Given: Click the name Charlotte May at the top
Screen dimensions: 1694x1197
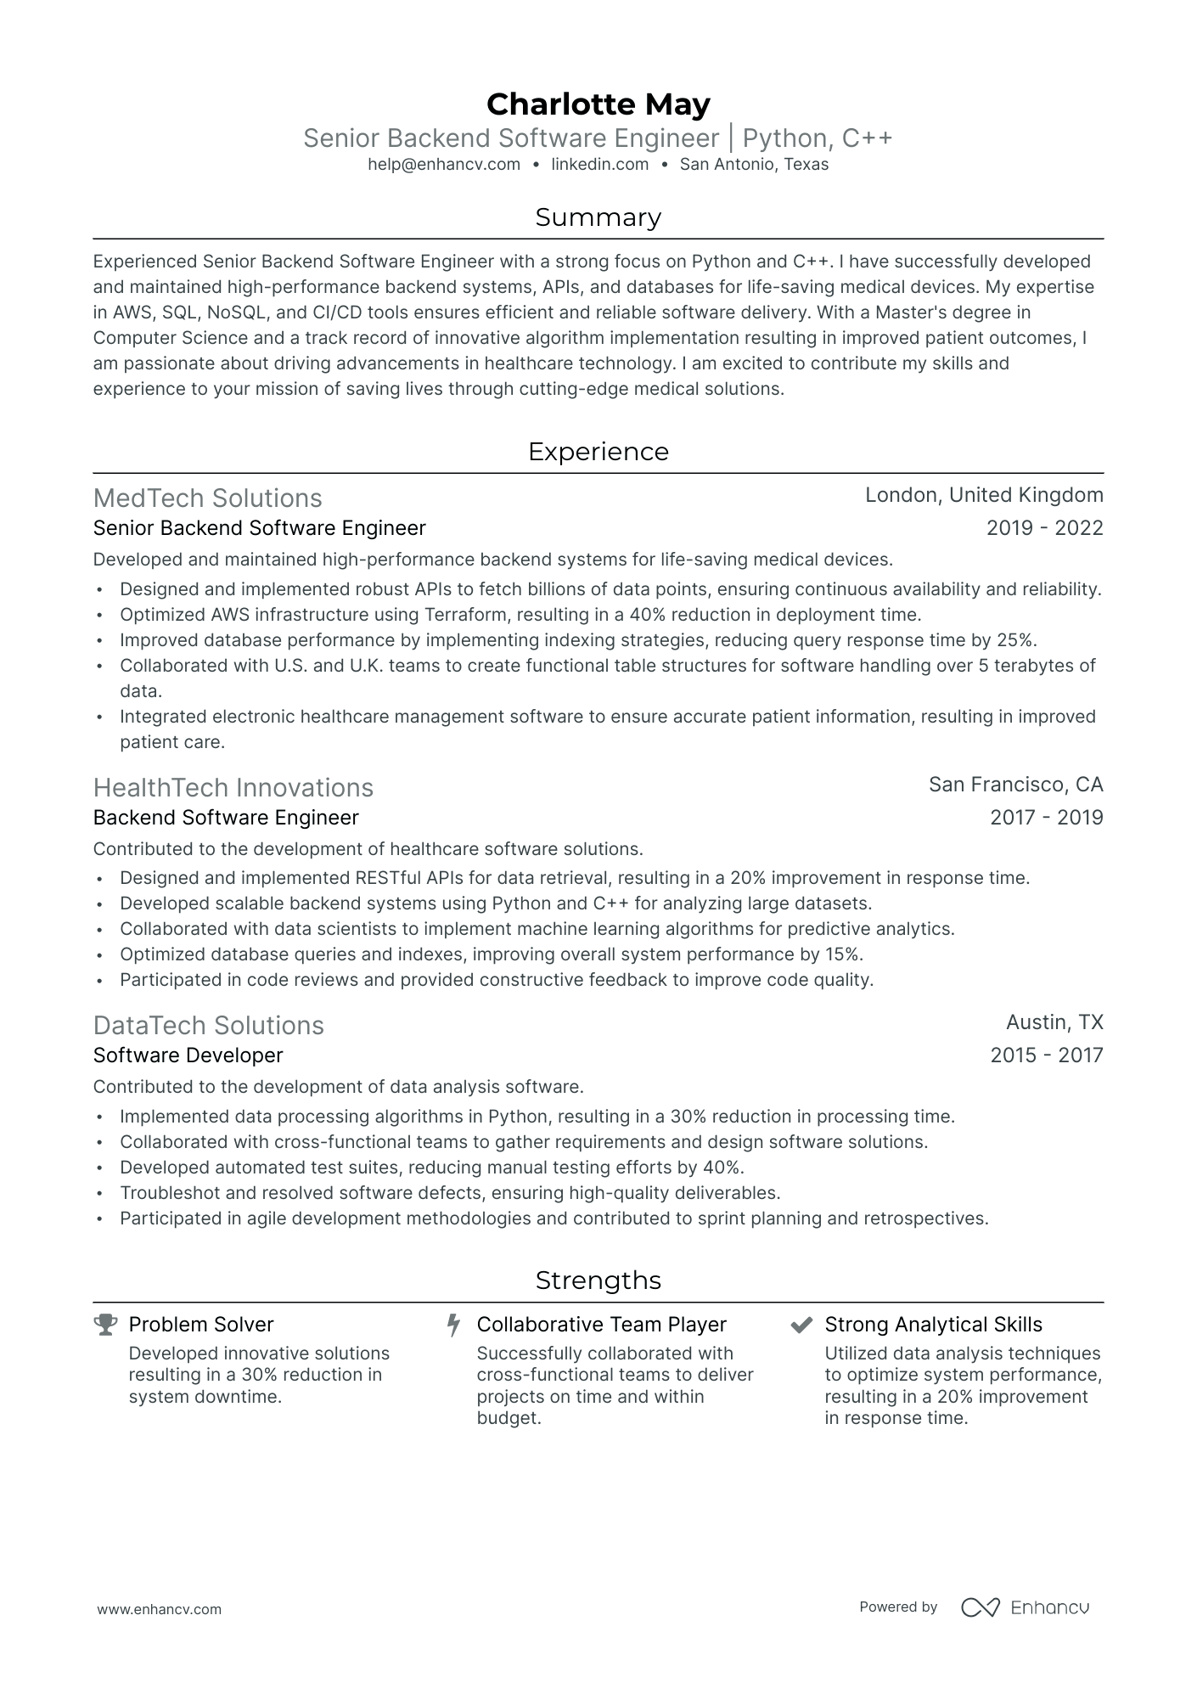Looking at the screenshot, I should (x=598, y=104).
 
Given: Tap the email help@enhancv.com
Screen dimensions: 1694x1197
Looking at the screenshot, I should (x=444, y=165).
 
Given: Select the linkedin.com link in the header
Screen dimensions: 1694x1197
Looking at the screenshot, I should (x=599, y=165).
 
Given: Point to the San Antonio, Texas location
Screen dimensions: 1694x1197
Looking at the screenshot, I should (x=754, y=165).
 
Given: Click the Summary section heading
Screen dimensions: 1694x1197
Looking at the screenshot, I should (x=598, y=217).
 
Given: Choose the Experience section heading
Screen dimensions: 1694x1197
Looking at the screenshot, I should (x=598, y=452).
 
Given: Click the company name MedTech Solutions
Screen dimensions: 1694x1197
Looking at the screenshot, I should (x=207, y=498).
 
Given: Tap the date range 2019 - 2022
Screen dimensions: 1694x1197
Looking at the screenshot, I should (x=1044, y=528).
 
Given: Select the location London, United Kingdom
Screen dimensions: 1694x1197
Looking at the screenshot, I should (x=984, y=495).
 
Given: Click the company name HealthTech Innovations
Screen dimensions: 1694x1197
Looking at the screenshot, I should (x=233, y=788).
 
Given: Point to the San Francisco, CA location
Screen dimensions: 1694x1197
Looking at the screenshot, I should (x=1015, y=785).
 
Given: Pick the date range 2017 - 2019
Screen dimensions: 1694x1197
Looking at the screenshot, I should (x=1046, y=818).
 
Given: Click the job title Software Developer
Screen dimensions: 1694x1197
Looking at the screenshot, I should (x=188, y=1055).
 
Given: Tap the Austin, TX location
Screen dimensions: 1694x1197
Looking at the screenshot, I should (x=1054, y=1022).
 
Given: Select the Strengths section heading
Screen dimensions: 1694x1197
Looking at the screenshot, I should (x=598, y=1280).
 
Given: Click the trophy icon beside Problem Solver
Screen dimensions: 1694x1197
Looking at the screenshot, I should (x=105, y=1325).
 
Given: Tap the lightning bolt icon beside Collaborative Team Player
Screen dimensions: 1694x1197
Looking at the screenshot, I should (x=453, y=1325).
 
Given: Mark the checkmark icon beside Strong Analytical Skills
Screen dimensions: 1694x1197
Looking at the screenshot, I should (x=801, y=1325).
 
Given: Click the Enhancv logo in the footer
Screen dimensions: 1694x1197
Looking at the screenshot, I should (x=1025, y=1607).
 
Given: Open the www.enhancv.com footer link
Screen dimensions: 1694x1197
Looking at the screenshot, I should (x=159, y=1609).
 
